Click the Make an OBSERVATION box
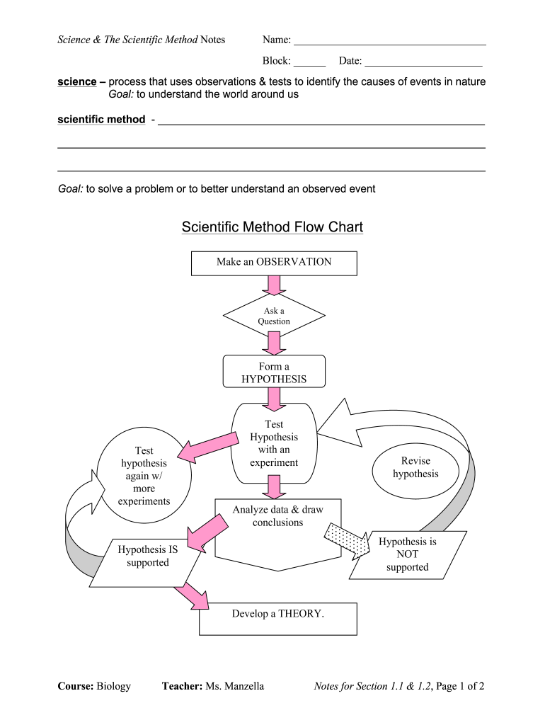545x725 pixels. (x=274, y=263)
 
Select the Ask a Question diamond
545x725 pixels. (x=274, y=316)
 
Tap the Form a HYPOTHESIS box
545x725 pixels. (x=274, y=372)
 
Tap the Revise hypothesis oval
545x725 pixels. (x=415, y=468)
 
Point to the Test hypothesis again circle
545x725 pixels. (x=144, y=476)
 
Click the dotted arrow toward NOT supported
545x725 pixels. (x=347, y=540)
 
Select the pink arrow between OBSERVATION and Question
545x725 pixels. (x=273, y=285)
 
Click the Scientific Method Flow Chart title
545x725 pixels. (x=272, y=227)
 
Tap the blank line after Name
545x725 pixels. (x=389, y=43)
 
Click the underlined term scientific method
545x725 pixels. (x=101, y=120)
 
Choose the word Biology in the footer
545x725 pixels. (x=114, y=686)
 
